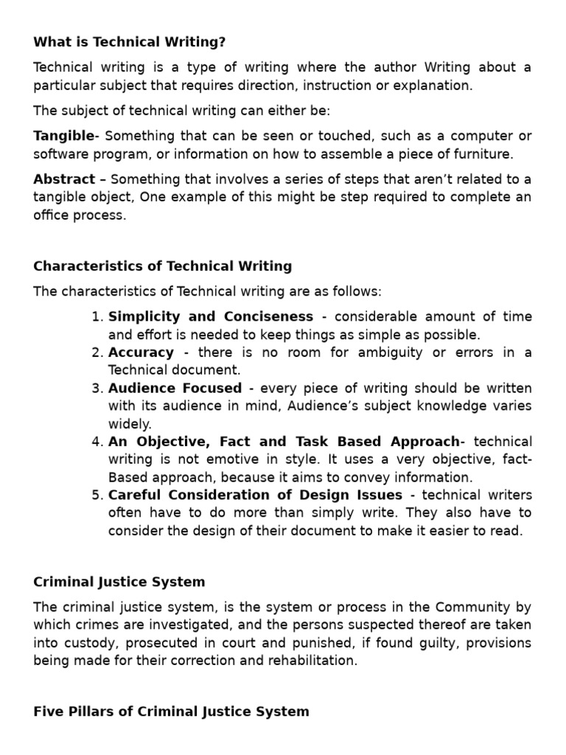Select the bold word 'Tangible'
coord(64,136)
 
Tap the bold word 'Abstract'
coord(64,179)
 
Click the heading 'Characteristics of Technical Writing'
coord(162,266)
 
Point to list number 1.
coord(97,317)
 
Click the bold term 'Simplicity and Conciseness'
coord(211,317)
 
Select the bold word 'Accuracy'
coord(141,352)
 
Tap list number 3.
coord(97,389)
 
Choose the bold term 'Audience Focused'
coord(175,389)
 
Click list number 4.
coord(97,442)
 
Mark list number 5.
coord(97,495)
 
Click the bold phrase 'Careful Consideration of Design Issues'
coord(255,495)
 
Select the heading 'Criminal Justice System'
coord(119,582)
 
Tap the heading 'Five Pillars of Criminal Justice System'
coord(171,711)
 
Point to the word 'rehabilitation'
coord(314,661)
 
